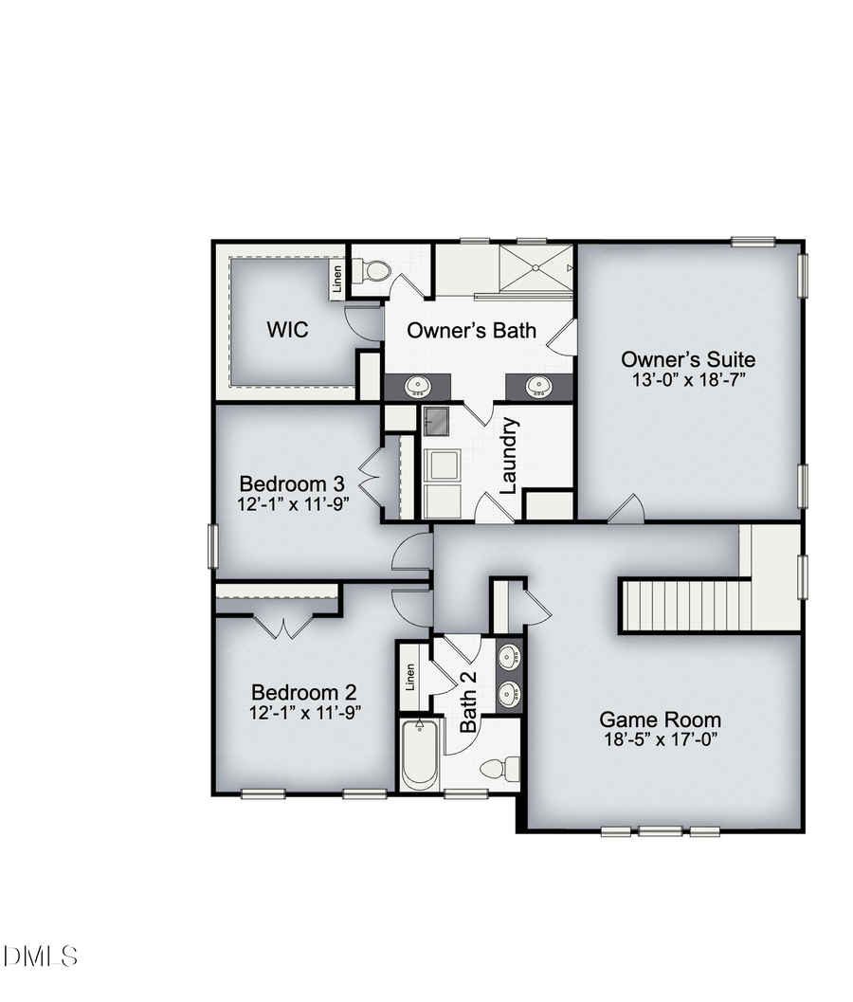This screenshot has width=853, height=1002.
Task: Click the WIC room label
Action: coord(287,331)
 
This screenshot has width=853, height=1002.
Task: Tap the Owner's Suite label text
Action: coord(688,359)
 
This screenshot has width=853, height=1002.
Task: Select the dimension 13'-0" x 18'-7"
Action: coord(688,380)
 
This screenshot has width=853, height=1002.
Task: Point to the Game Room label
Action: coord(660,720)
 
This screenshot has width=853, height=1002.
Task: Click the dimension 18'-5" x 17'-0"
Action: coord(660,740)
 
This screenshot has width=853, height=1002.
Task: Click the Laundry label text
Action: coord(508,456)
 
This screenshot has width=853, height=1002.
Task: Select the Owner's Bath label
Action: coord(471,331)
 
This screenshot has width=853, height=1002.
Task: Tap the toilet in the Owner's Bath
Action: coord(375,271)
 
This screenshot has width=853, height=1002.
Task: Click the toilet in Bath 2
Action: coord(500,767)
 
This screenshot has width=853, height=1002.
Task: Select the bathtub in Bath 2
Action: coord(419,756)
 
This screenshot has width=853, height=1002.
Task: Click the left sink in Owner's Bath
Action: coord(417,387)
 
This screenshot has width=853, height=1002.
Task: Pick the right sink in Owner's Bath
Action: coord(539,387)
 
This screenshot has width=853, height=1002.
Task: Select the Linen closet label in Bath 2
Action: coord(410,677)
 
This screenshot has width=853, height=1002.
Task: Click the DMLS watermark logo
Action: coord(40,956)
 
